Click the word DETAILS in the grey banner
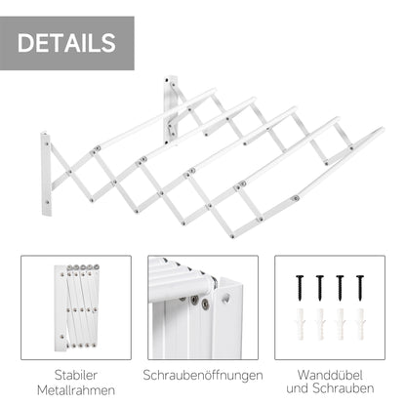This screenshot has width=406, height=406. point(66,43)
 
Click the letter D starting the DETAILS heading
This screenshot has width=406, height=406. point(26,43)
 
